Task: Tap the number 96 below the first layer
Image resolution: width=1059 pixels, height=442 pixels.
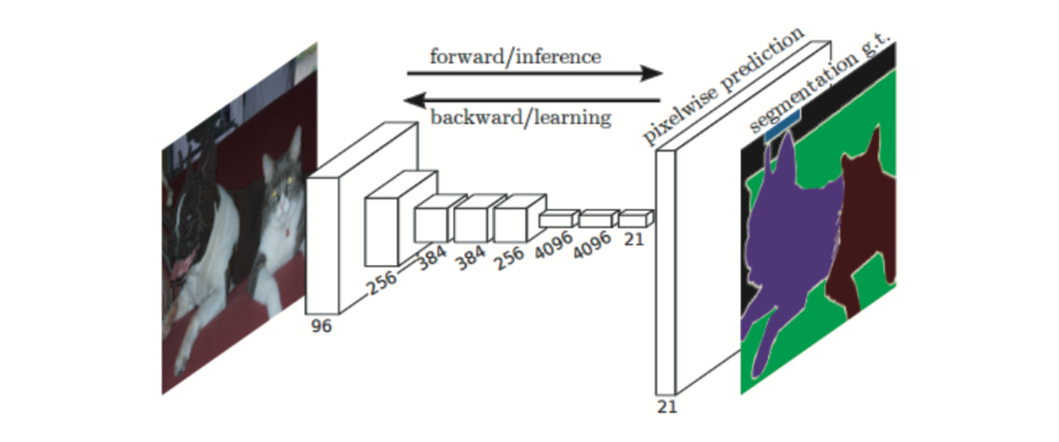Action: pos(321,326)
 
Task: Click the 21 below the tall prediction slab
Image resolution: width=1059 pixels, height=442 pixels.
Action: pos(667,407)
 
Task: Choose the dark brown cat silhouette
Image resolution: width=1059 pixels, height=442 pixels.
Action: pos(862,224)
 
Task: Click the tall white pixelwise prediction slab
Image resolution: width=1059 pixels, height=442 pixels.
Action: pos(666,270)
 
